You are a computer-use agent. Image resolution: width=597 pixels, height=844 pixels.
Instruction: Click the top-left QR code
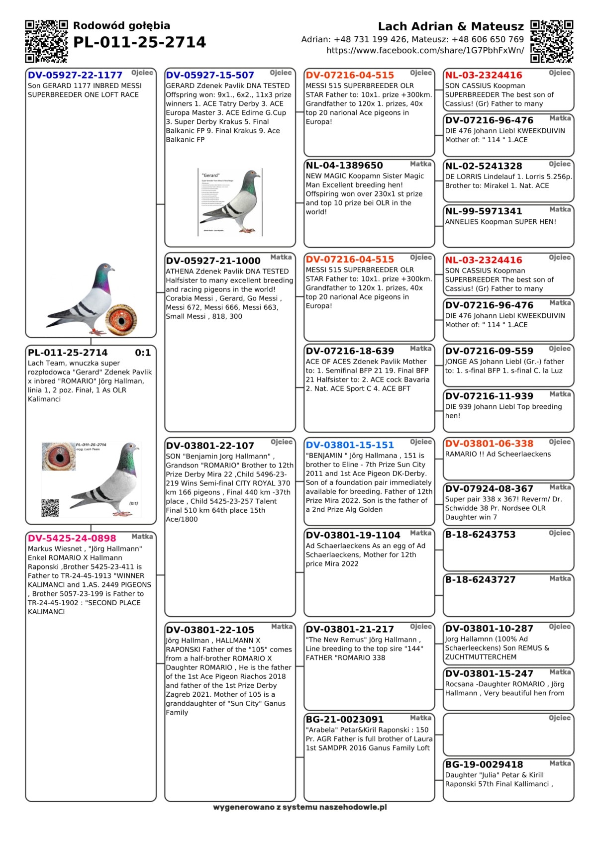[46, 41]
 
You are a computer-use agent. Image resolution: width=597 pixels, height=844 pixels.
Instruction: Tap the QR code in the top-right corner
[552, 41]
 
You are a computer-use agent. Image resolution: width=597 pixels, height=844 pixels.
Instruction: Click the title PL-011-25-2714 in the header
[139, 42]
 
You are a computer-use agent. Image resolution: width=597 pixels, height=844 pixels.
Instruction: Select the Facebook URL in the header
[425, 50]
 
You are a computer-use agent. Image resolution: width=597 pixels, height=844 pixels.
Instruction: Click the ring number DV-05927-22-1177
[75, 75]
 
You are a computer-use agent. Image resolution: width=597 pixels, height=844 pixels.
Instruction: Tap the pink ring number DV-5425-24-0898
[72, 538]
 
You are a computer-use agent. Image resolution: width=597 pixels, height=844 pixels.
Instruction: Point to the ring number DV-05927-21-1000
[213, 261]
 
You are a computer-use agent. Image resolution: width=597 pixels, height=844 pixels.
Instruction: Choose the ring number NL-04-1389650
[344, 166]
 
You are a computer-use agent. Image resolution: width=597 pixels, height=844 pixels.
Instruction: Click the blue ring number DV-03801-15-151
[350, 445]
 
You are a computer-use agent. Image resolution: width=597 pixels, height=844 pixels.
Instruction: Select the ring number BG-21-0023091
[345, 719]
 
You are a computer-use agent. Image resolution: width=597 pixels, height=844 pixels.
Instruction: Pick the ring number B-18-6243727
[480, 579]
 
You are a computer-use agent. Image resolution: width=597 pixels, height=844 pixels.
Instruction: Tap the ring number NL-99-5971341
[484, 211]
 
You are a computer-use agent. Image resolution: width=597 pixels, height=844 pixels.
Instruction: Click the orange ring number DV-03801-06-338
[489, 444]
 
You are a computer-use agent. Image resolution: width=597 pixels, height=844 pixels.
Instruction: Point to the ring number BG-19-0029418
[484, 764]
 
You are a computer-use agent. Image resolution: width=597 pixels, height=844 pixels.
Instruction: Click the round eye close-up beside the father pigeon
[121, 319]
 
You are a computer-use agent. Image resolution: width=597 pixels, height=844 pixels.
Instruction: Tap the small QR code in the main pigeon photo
[50, 508]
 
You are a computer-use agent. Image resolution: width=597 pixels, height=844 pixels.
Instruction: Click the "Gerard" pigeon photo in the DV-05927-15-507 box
[230, 202]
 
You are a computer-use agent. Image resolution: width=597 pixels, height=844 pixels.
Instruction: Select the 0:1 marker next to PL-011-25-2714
[143, 353]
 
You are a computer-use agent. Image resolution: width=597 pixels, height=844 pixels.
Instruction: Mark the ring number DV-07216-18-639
[350, 351]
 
